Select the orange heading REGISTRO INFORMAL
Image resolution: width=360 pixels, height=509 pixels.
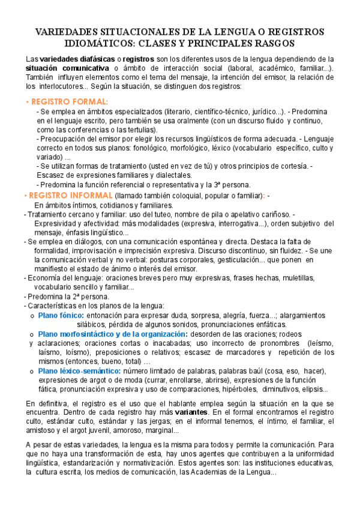coord(70,196)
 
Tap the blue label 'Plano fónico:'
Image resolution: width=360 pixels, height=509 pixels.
coord(61,315)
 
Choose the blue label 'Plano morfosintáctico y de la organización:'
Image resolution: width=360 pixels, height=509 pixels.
coord(113,334)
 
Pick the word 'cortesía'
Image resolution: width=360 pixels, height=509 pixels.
coord(294,166)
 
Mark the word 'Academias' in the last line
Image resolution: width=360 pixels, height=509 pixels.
coord(208,472)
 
